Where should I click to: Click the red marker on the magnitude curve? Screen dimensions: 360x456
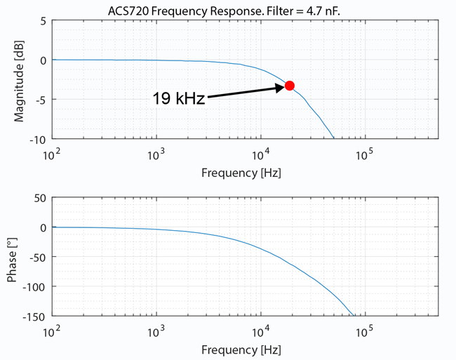click(x=289, y=86)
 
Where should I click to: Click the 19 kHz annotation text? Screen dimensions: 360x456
click(x=178, y=99)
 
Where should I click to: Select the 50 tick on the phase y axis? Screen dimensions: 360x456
click(x=40, y=198)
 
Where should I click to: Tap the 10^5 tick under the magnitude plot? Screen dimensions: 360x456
click(x=363, y=154)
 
